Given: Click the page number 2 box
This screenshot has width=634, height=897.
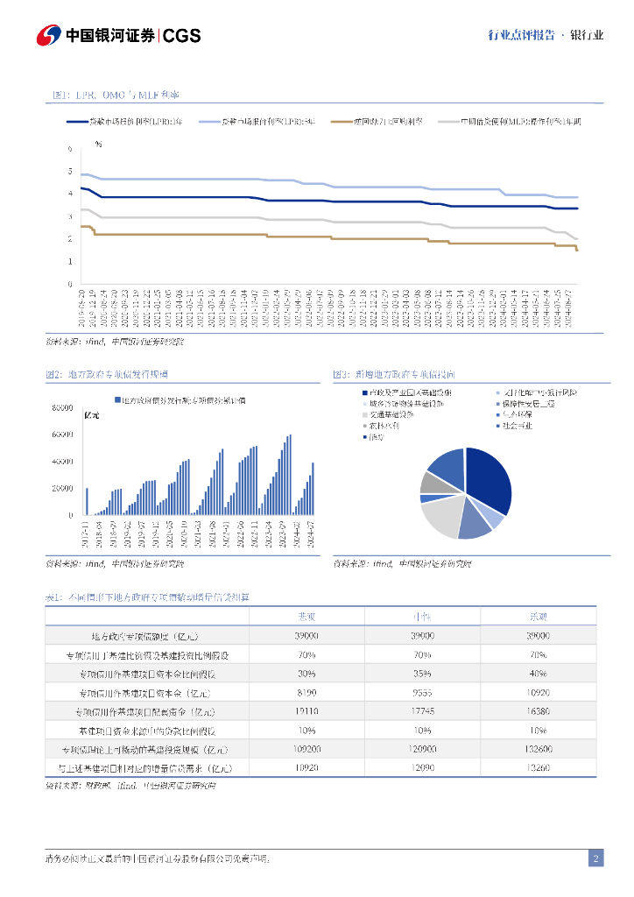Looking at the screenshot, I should click(595, 858).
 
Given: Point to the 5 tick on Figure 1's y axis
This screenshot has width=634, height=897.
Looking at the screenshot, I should click(70, 170).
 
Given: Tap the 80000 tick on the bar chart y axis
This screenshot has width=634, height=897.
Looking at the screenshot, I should click(62, 408).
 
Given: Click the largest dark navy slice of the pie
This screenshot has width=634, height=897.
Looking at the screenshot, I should click(490, 480).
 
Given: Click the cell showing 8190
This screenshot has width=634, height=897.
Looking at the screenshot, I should click(306, 692).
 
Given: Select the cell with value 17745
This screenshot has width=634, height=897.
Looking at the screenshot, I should click(422, 710).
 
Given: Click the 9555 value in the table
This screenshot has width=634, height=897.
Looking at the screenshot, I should click(422, 692).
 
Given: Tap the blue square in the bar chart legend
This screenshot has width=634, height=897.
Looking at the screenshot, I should click(117, 400).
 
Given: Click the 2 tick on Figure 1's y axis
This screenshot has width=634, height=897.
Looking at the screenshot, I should click(70, 238).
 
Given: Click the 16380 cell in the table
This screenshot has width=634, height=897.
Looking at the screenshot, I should click(538, 710).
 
